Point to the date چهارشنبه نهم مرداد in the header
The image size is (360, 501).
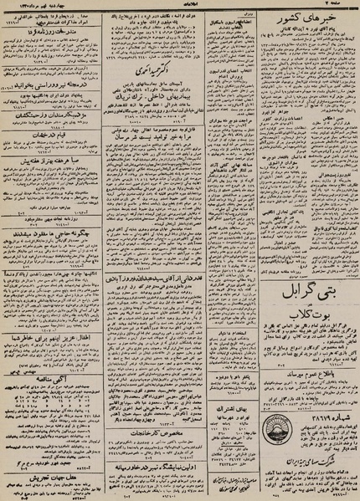coord(51,7)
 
